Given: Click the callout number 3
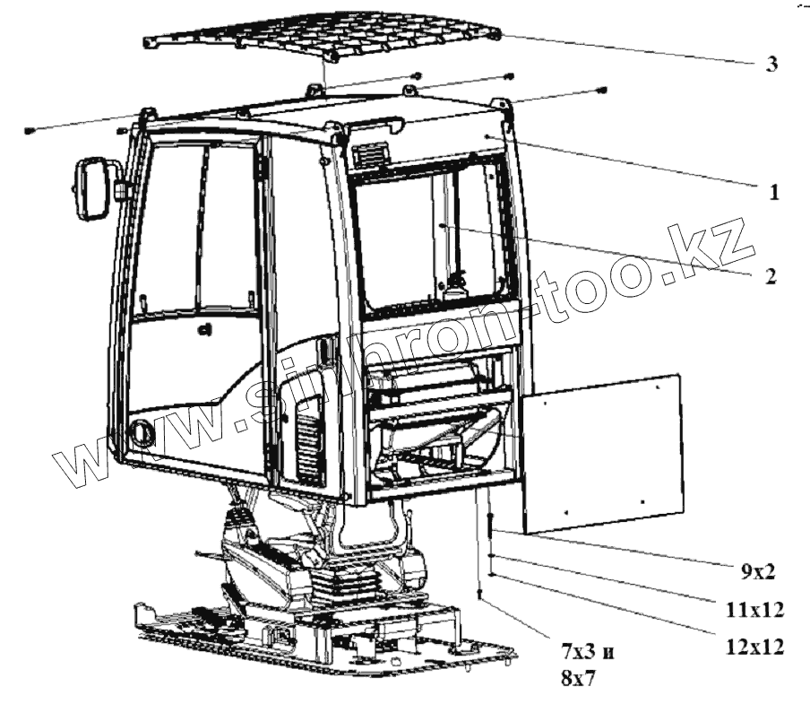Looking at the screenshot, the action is click(x=771, y=65).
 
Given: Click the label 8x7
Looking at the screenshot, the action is click(x=576, y=681).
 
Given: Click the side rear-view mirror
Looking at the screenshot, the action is click(x=91, y=188).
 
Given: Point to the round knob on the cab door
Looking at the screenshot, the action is click(x=142, y=433).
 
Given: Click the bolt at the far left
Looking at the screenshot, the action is click(x=30, y=131).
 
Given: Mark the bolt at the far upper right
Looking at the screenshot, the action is click(x=601, y=90).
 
